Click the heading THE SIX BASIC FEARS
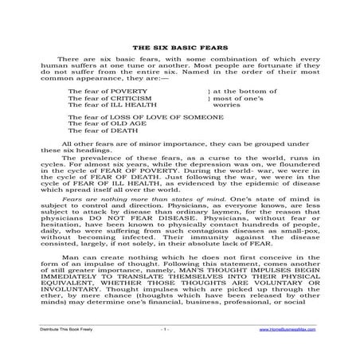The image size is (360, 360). pyautogui.click(x=180, y=48)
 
